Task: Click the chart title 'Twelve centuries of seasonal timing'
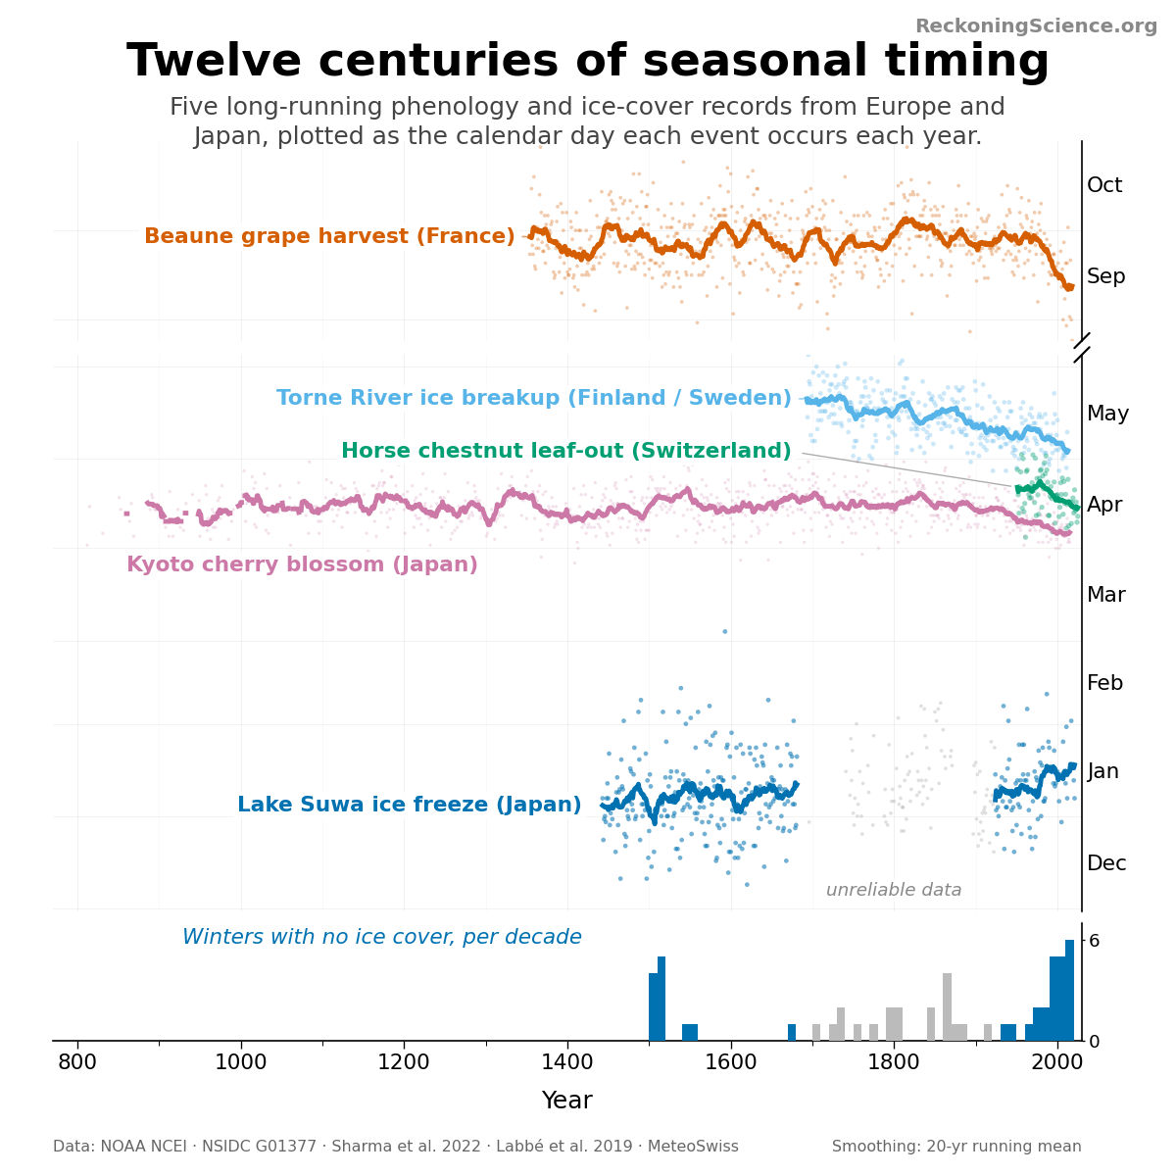click(x=587, y=61)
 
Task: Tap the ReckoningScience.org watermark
click(x=1036, y=26)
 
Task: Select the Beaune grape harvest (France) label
click(x=329, y=235)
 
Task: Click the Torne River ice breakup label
click(x=533, y=397)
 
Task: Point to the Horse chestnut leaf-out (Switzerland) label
click(x=565, y=451)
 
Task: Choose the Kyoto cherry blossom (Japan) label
click(x=302, y=563)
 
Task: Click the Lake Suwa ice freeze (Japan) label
click(x=409, y=805)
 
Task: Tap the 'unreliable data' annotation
click(x=894, y=890)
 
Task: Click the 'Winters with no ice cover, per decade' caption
click(x=382, y=936)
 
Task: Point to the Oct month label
click(x=1104, y=185)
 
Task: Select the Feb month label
click(x=1104, y=682)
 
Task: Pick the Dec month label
click(x=1106, y=863)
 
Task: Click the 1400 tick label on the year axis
click(x=567, y=1062)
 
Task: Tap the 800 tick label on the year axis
click(x=77, y=1062)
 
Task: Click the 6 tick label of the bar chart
click(x=1094, y=941)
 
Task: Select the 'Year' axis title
click(x=567, y=1100)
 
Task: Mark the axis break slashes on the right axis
click(x=1081, y=348)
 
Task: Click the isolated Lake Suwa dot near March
click(x=724, y=632)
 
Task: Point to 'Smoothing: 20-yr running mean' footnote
click(x=956, y=1146)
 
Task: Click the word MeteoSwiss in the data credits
click(x=693, y=1146)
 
